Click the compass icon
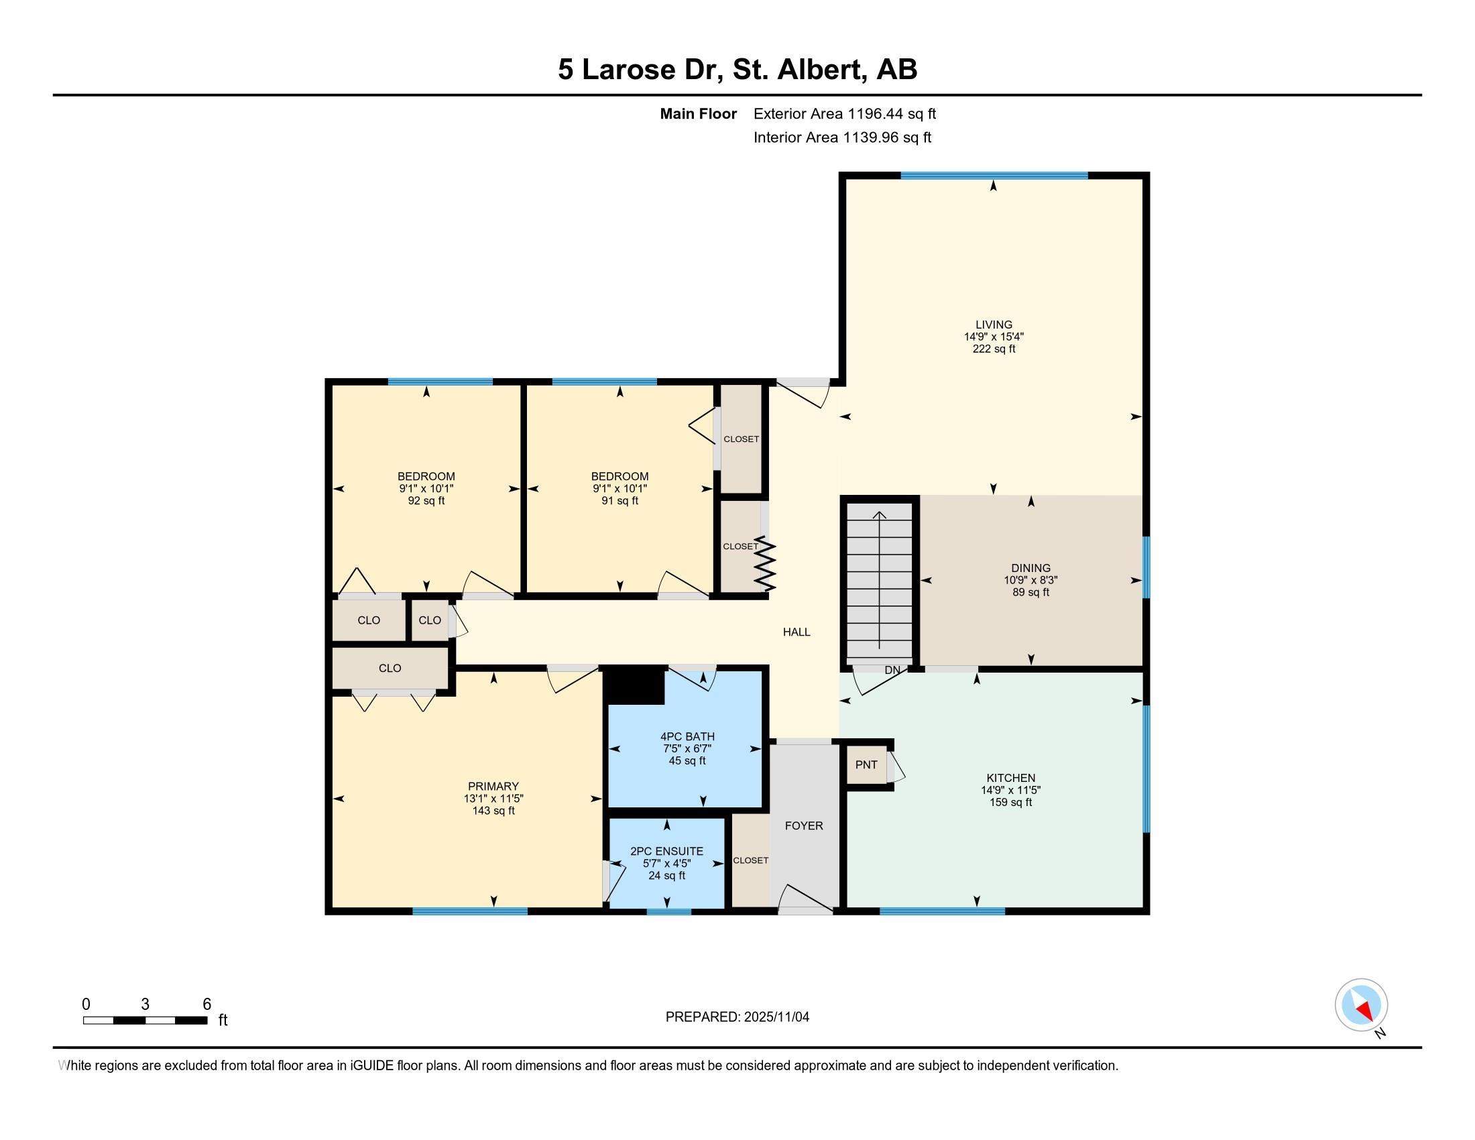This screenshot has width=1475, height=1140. [1361, 1005]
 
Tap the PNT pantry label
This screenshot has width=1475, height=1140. [866, 764]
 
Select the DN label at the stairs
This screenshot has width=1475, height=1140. [892, 670]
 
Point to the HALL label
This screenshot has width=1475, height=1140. [796, 632]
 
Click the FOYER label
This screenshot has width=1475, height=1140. [804, 825]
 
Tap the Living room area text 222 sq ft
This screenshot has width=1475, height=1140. [994, 349]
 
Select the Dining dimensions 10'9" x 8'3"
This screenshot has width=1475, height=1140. [1030, 580]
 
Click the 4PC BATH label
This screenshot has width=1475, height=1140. [687, 736]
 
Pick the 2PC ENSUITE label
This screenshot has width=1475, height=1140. [666, 851]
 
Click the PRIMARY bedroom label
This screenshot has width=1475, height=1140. [493, 786]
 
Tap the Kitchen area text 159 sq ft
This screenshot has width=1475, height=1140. [1010, 802]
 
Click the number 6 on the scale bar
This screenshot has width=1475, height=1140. [206, 1004]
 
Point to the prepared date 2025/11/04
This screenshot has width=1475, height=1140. [776, 1017]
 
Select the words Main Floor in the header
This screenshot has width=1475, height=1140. [699, 113]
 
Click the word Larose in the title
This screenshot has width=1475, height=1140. [629, 69]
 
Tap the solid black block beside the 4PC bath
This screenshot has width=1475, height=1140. [634, 685]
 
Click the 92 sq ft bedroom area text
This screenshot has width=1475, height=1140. [426, 500]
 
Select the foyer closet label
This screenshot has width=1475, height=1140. [750, 860]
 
